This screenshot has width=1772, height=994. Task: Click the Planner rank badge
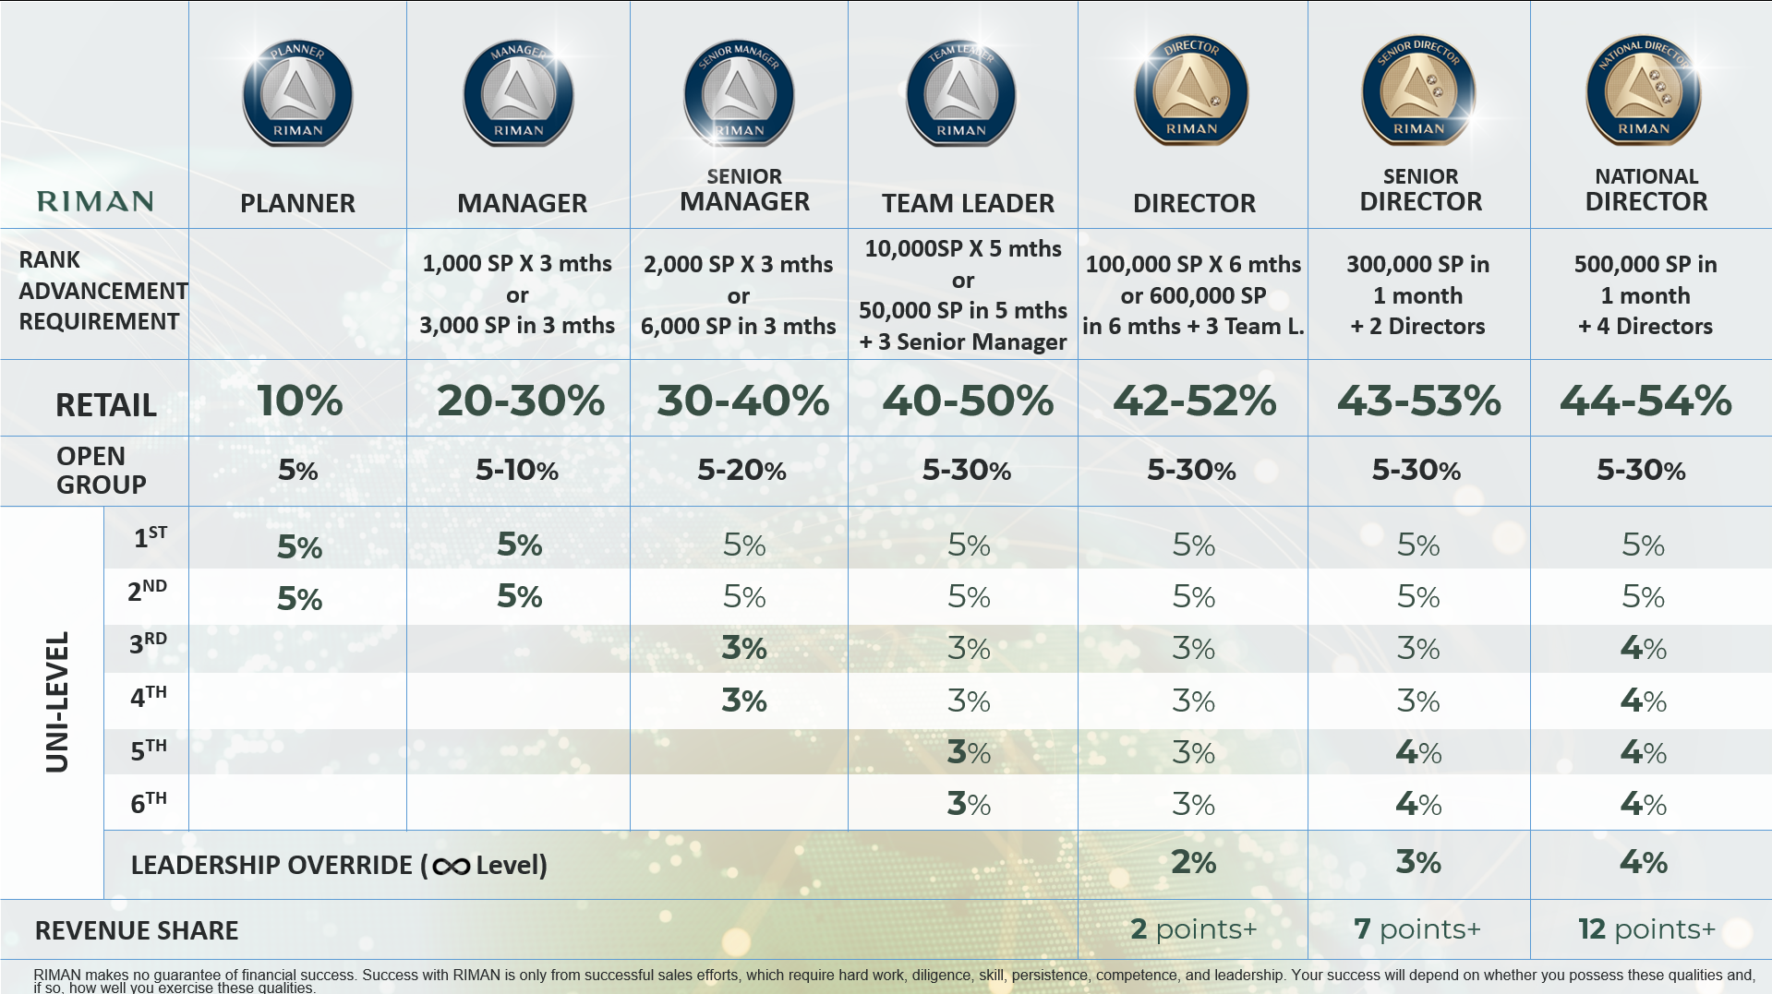tap(297, 93)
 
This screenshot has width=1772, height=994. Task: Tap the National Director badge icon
tap(1644, 90)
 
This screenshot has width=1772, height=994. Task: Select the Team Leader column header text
tap(967, 203)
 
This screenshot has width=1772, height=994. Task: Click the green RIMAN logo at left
tap(95, 201)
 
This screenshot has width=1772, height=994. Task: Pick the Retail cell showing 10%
tap(299, 401)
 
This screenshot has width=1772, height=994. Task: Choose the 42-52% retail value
tap(1194, 401)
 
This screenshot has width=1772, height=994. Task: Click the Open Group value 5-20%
tap(741, 471)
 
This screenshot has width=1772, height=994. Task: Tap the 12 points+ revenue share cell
tap(1646, 928)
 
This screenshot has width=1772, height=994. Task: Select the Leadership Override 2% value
tap(1193, 862)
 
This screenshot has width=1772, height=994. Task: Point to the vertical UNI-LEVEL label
tap(57, 701)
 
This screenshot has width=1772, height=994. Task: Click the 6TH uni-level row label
tap(148, 802)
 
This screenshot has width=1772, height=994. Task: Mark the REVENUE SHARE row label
tap(137, 930)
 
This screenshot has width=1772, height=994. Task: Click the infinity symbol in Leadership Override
tap(451, 867)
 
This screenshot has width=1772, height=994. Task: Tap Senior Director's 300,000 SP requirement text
tap(1417, 294)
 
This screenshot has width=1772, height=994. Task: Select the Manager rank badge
tap(518, 93)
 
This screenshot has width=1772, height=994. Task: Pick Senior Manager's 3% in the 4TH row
tap(743, 701)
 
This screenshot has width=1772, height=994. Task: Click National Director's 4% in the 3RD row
tap(1643, 648)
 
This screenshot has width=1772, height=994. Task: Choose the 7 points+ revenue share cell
tap(1416, 928)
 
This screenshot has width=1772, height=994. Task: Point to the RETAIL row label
tap(105, 405)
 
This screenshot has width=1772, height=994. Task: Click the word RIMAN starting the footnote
tap(56, 975)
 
